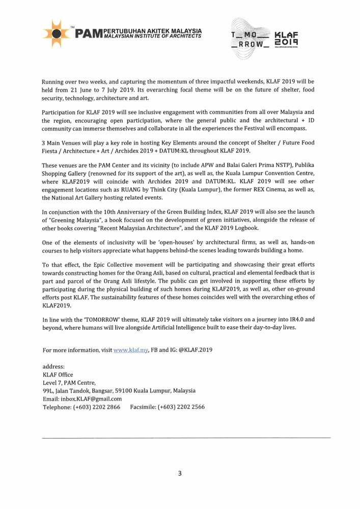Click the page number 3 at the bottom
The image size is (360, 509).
pos(180,473)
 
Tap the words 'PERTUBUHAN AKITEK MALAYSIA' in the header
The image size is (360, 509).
pos(152,31)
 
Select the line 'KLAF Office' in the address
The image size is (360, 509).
pos(58,374)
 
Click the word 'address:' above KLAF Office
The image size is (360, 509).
pos(53,366)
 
